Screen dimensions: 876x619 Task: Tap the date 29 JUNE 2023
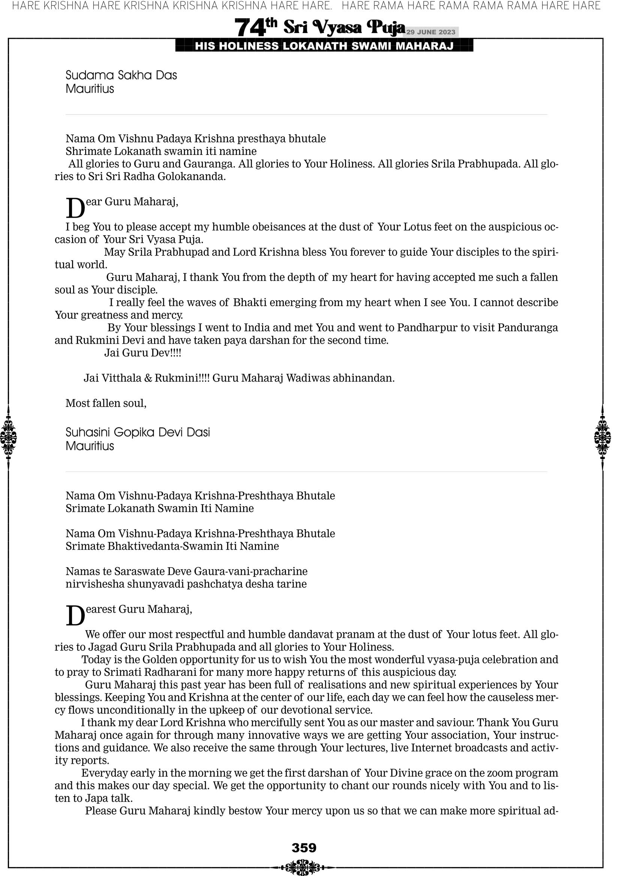click(430, 32)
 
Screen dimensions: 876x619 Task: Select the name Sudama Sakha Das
click(121, 75)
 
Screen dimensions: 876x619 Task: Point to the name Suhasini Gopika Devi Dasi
click(138, 432)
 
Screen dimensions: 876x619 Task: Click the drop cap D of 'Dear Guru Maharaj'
click(75, 208)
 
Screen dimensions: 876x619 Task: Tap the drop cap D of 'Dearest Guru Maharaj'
click(75, 615)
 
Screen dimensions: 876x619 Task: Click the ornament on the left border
click(8, 437)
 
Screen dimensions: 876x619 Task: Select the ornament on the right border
click(603, 437)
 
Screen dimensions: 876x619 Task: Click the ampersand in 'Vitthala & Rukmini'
click(148, 378)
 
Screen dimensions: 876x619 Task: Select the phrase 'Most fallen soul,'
click(106, 403)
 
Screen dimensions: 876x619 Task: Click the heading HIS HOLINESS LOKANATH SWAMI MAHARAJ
click(324, 46)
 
